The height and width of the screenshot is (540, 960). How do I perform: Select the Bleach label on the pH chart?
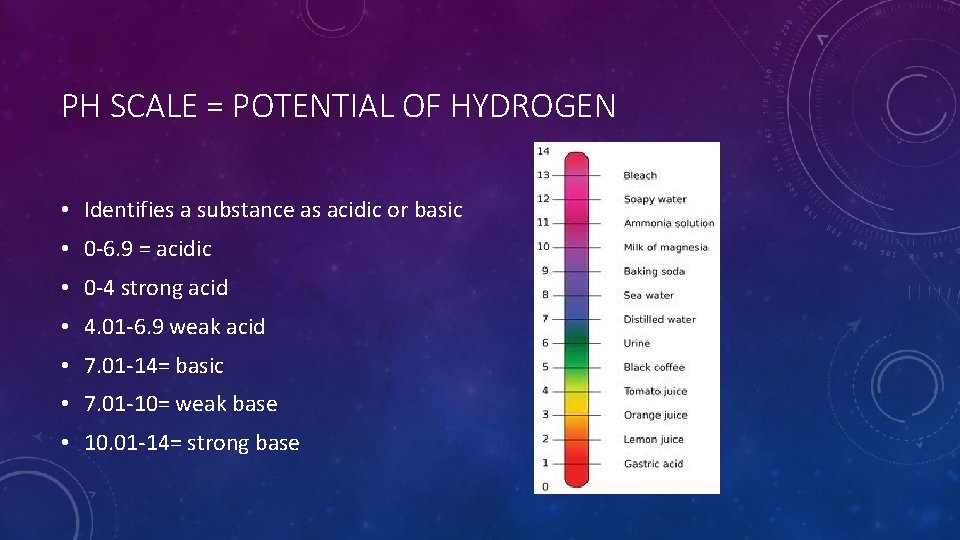coord(640,176)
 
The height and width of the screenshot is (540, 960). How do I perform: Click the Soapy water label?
coord(655,200)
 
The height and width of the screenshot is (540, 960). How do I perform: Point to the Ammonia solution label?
coord(669,224)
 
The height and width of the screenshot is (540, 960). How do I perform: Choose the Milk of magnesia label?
coord(665,248)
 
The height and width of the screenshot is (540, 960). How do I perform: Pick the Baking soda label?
coord(654,272)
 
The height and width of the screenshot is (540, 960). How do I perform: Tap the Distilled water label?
coord(659,320)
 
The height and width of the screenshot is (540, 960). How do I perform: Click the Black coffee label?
coord(654,368)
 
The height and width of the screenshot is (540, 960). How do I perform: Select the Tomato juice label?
coord(655,392)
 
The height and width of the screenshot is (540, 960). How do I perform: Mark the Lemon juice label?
coord(653,440)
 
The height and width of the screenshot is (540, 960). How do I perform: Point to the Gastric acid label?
coord(653,464)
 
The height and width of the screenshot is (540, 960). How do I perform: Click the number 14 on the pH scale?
coord(543,151)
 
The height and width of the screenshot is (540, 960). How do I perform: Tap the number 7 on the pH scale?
coord(545,319)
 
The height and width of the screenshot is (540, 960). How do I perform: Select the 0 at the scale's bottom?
coord(545,487)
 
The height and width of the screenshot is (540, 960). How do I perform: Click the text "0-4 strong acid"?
coord(156,288)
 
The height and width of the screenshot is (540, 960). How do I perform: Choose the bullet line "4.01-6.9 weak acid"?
coord(175,327)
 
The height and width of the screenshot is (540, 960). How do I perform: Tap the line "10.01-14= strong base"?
coord(192,443)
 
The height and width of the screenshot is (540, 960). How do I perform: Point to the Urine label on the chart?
coord(637,344)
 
